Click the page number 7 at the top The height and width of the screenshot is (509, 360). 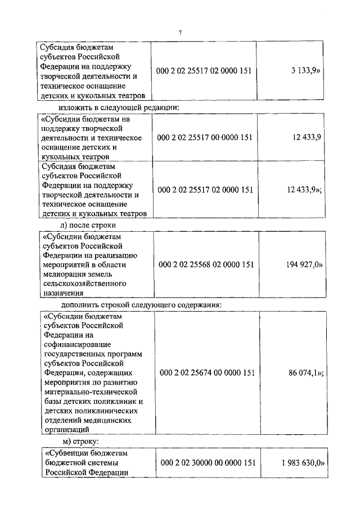point(180,32)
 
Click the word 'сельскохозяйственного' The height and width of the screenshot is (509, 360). point(84,283)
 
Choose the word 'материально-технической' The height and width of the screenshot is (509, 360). point(91,391)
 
